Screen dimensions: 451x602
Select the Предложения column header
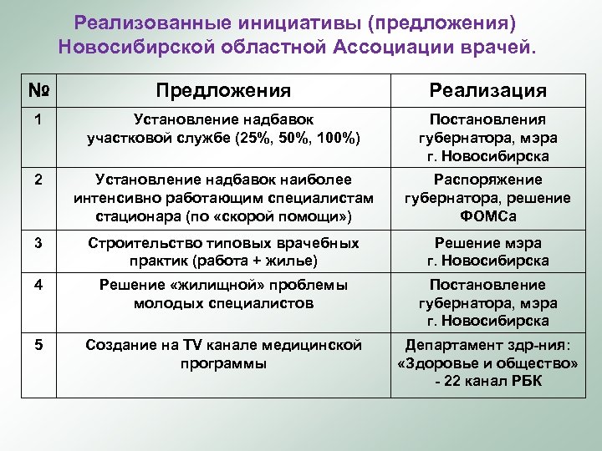pos(223,90)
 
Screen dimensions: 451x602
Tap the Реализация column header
pos(488,90)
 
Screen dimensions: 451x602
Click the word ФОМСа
pos(488,215)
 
